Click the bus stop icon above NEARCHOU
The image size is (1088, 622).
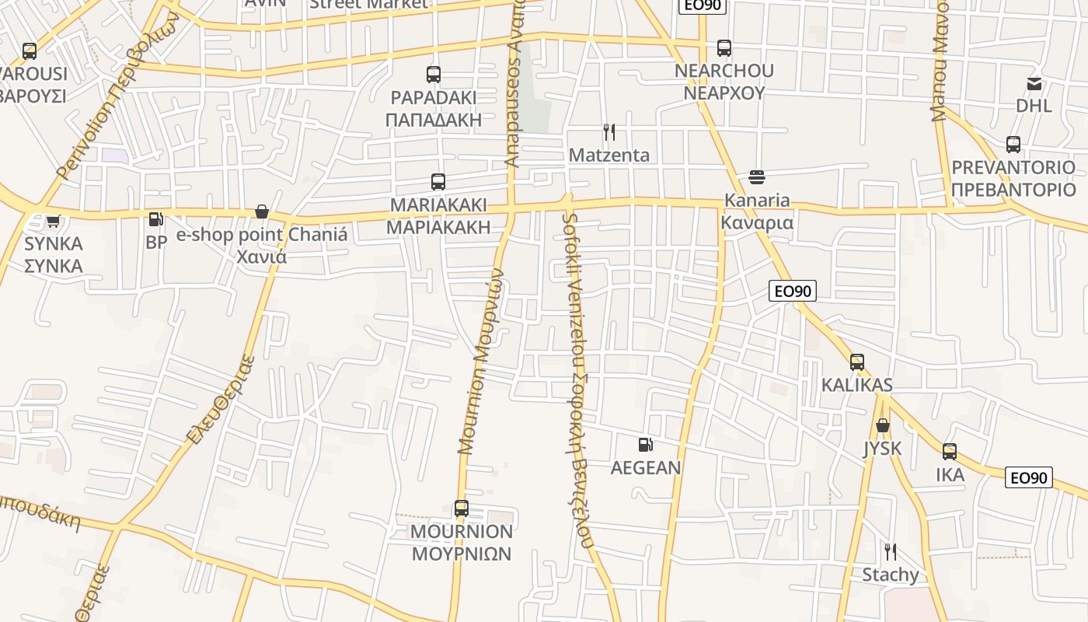pos(724,48)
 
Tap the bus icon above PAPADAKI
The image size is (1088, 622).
pos(434,75)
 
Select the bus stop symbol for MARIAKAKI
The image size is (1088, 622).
pos(438,182)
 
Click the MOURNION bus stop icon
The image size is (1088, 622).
pos(462,508)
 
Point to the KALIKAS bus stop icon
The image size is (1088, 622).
pos(857,362)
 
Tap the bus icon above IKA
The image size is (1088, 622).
pos(950,452)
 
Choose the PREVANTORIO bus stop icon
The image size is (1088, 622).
pos(1013,145)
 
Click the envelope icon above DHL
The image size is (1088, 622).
pos(1034,83)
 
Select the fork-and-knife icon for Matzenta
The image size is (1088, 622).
pos(609,132)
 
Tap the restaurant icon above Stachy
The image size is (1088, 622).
pos(891,552)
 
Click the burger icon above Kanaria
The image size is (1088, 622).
pos(756,178)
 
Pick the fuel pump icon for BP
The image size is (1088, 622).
pos(156,220)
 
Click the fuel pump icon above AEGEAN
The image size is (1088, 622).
pos(645,445)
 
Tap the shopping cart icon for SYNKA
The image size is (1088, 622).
pos(53,222)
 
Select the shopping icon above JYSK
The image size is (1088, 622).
pos(883,425)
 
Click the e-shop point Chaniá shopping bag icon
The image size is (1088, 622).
pos(262,211)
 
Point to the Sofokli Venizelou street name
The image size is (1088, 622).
pos(576,381)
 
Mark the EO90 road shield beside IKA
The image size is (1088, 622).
pos(1029,477)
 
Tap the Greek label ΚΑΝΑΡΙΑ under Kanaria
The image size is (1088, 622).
pos(757,223)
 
